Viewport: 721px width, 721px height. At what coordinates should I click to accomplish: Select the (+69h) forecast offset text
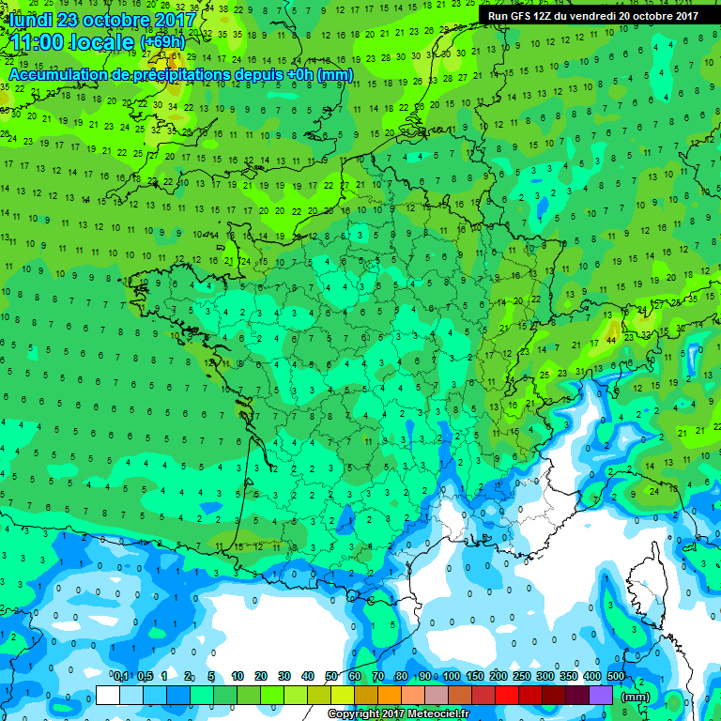tap(163, 43)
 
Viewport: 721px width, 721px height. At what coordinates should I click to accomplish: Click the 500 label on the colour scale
tap(615, 676)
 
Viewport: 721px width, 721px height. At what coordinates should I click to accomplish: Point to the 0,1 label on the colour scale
tap(120, 676)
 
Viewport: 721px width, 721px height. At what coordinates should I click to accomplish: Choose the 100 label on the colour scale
tap(452, 676)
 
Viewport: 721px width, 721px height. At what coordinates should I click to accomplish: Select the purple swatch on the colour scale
tap(601, 695)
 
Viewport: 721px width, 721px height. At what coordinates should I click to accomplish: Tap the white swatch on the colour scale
tap(108, 695)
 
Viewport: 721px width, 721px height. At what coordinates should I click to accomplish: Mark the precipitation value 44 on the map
tap(612, 338)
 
